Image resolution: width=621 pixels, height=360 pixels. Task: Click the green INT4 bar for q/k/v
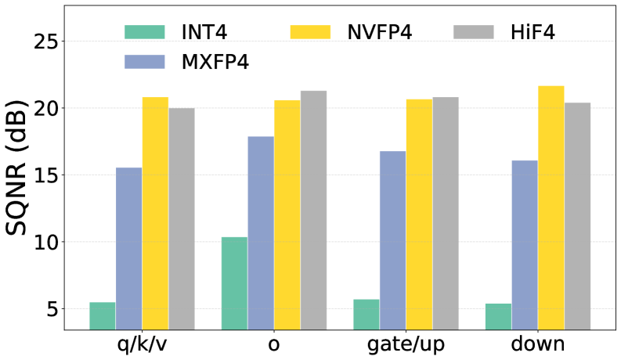coord(102,315)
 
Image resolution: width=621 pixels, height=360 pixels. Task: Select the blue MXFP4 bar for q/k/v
coord(128,248)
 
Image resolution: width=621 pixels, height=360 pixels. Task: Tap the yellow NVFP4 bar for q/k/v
coord(155,213)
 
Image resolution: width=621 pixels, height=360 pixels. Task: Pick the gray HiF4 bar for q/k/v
coord(182,218)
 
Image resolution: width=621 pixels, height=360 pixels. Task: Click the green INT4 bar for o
coord(234,283)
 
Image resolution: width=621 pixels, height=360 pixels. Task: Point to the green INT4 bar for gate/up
coord(366,314)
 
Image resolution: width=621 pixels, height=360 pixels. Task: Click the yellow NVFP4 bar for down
coord(551,207)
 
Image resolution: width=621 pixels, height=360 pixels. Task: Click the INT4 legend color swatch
coord(145,32)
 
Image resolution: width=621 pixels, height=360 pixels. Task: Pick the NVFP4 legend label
coord(379,32)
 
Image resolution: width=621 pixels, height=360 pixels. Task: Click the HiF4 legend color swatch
coord(474,32)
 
